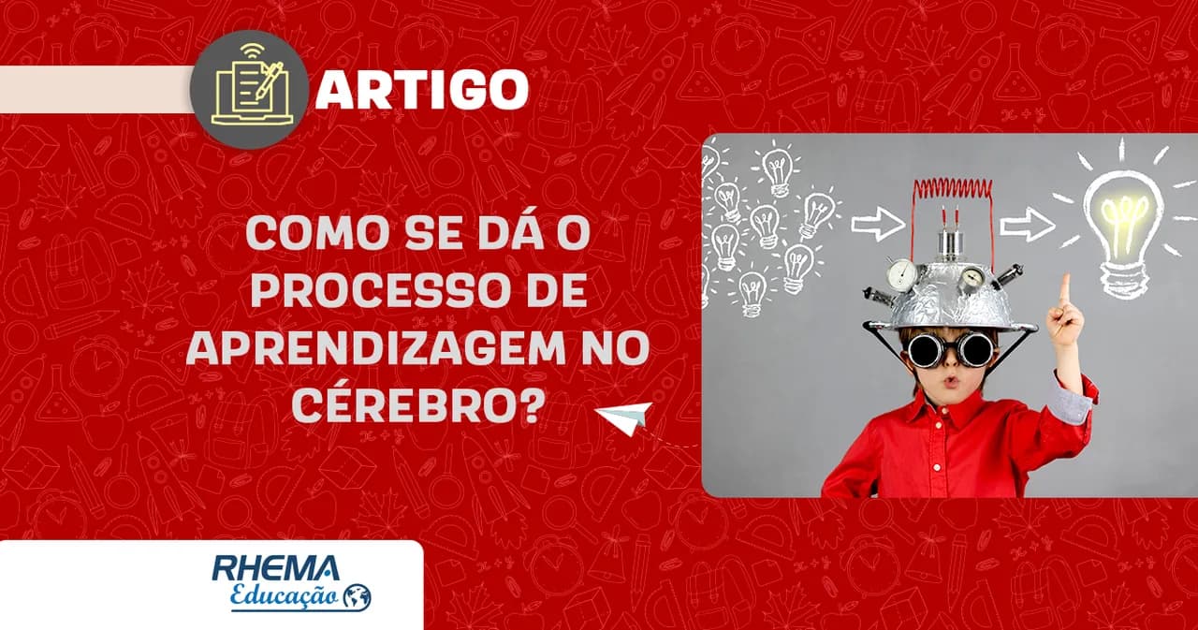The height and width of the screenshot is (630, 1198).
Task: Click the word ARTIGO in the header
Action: tap(422, 89)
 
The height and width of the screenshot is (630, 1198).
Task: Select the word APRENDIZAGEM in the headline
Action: tap(374, 348)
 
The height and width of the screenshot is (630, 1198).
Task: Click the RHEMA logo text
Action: tap(276, 568)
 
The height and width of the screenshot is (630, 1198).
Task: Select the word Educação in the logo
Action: tap(284, 596)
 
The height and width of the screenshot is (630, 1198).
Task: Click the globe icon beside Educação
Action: tap(358, 597)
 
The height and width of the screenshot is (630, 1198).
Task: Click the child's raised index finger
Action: tap(1065, 291)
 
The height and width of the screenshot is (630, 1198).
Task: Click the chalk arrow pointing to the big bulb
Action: tap(1028, 225)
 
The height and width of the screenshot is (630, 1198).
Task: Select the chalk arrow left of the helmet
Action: tap(878, 224)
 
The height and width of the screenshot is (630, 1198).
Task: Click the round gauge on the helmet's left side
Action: tap(901, 274)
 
